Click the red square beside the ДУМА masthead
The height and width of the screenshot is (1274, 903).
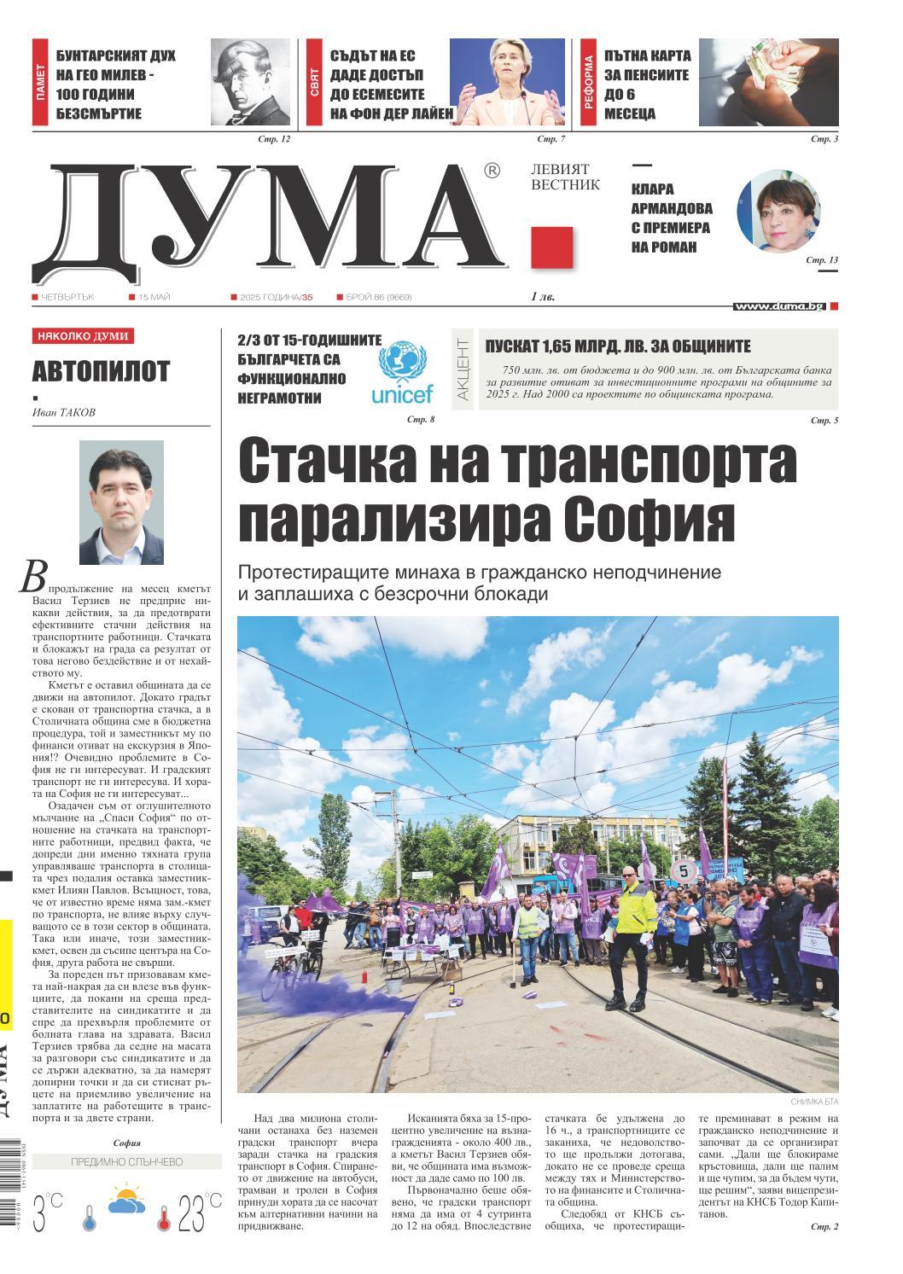click(551, 248)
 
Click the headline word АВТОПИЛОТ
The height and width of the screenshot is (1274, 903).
click(101, 371)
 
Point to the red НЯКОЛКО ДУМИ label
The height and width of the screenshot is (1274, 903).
click(83, 336)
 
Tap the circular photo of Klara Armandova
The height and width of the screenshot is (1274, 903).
click(778, 212)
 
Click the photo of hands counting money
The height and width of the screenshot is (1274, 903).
click(768, 83)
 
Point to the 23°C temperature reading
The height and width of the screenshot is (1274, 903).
click(200, 1213)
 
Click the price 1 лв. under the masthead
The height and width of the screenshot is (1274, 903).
click(542, 297)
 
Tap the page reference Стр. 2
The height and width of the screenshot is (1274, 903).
click(824, 1226)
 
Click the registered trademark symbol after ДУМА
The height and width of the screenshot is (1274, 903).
click(492, 172)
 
